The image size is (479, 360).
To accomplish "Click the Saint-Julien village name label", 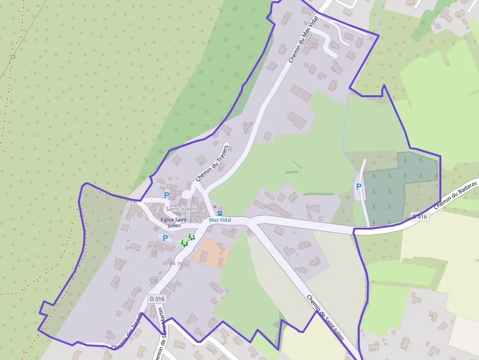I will (181, 209).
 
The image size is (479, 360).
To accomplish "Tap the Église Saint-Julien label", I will (175, 223).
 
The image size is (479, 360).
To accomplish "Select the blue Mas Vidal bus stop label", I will (220, 220).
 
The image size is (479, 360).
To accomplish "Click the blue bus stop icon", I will (220, 213).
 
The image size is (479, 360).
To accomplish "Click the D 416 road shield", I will (419, 216).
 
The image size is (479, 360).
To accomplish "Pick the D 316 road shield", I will (157, 299).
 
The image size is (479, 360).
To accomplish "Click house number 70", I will (154, 253).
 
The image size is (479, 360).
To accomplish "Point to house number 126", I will (153, 280).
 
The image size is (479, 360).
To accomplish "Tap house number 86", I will (173, 264).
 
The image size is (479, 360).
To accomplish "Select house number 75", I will (180, 264).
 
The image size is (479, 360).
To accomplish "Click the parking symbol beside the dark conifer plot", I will (359, 186).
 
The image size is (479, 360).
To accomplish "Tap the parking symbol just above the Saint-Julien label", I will (166, 195).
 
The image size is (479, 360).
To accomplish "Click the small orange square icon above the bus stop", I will (215, 207).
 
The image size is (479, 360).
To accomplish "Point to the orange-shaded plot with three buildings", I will (211, 253).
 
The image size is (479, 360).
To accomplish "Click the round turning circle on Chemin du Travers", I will (187, 195).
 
